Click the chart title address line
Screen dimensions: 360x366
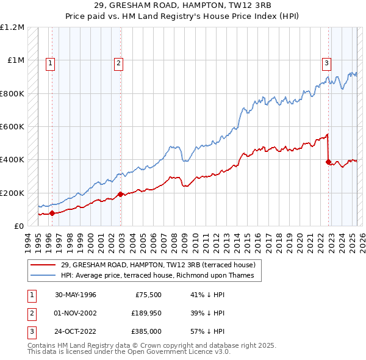point(182,5)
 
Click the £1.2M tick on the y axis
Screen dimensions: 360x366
point(12,27)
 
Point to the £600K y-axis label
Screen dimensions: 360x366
point(12,127)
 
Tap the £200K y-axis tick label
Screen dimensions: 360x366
point(12,193)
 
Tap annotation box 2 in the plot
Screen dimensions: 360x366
point(118,62)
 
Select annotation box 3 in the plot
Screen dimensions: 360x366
point(327,62)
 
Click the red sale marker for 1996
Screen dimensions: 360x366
point(52,214)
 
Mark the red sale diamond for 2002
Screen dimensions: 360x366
point(120,195)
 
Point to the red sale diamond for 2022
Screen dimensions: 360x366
point(328,162)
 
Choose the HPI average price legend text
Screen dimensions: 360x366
point(161,275)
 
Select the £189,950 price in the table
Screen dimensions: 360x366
point(144,313)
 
